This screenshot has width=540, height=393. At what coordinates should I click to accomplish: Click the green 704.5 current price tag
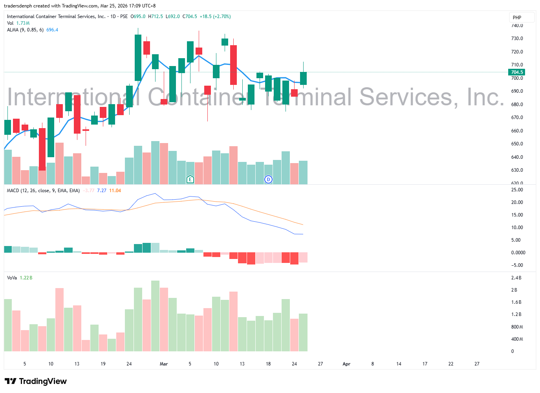(516, 72)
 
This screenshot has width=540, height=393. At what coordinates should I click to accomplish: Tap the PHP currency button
(517, 18)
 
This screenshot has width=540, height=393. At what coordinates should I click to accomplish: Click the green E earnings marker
(190, 180)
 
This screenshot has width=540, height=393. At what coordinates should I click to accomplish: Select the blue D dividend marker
(268, 180)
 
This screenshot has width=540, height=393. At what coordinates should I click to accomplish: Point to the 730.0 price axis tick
(517, 39)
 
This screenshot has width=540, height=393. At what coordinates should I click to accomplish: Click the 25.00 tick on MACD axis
(517, 190)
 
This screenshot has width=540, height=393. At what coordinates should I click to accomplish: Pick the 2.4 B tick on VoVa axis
(516, 278)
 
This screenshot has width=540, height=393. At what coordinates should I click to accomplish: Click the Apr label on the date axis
(346, 364)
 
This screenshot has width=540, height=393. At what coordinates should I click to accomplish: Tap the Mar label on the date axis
(164, 364)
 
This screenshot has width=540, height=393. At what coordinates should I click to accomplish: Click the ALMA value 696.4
(52, 30)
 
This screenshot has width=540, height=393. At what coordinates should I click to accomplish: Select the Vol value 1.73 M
(23, 23)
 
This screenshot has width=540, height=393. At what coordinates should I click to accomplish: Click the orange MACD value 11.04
(115, 191)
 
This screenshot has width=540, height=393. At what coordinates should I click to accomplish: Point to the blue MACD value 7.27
(102, 191)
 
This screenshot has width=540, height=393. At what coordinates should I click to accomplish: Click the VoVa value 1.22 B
(26, 278)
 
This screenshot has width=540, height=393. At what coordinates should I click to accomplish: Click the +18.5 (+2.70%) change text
(215, 17)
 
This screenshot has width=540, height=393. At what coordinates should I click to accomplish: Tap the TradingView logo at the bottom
(36, 381)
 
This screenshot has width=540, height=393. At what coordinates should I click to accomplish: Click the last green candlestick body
(303, 78)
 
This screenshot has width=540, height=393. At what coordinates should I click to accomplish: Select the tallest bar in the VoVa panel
(155, 316)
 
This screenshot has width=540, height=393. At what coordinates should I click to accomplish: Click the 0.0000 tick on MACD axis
(518, 253)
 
